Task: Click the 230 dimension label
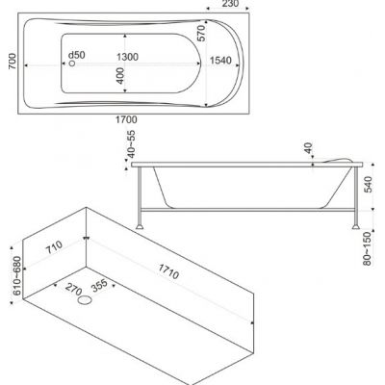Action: [x=230, y=4]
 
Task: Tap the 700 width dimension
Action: [x=12, y=62]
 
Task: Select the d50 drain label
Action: [x=77, y=55]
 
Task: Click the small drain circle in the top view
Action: [x=72, y=64]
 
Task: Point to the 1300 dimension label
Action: [x=127, y=57]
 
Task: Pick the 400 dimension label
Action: [x=120, y=76]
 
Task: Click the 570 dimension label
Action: [x=201, y=34]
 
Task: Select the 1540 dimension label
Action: [x=220, y=61]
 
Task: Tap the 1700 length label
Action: [x=126, y=120]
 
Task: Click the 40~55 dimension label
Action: [x=132, y=144]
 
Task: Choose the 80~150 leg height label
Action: [x=368, y=248]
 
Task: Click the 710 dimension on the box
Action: [x=54, y=247]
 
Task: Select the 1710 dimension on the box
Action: [x=167, y=270]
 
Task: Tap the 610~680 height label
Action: [x=17, y=275]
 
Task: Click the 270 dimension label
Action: [x=73, y=289]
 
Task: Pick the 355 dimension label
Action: [x=99, y=285]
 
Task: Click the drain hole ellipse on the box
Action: [x=85, y=300]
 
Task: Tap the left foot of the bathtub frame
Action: [x=140, y=226]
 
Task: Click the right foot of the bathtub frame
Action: [x=356, y=226]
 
